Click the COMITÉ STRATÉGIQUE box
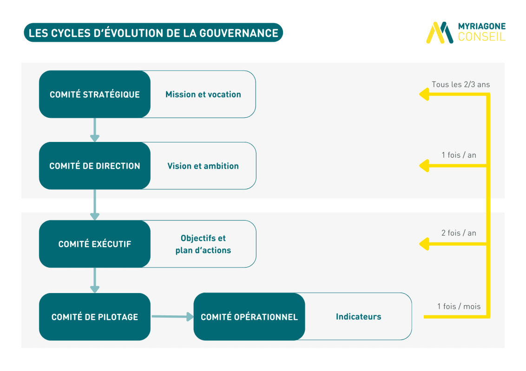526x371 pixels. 95,94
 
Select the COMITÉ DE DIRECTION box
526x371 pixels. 95,166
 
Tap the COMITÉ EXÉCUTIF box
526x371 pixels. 95,244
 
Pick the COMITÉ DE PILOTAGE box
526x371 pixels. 95,317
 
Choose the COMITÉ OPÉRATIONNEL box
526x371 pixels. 249,317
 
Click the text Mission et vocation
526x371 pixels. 203,95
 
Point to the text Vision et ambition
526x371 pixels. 203,166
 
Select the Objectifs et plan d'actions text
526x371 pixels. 203,244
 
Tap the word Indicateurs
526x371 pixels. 359,317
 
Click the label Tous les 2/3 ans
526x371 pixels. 460,84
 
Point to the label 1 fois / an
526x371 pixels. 459,155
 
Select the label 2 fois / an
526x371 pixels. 459,233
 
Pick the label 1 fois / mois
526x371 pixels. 459,307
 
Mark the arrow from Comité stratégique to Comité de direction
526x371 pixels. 95,130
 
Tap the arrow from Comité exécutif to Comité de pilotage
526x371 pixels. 95,280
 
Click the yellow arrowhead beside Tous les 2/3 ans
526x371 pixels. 424,94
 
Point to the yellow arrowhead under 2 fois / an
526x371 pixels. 424,244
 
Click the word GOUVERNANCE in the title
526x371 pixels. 239,33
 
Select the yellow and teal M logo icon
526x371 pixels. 440,32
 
